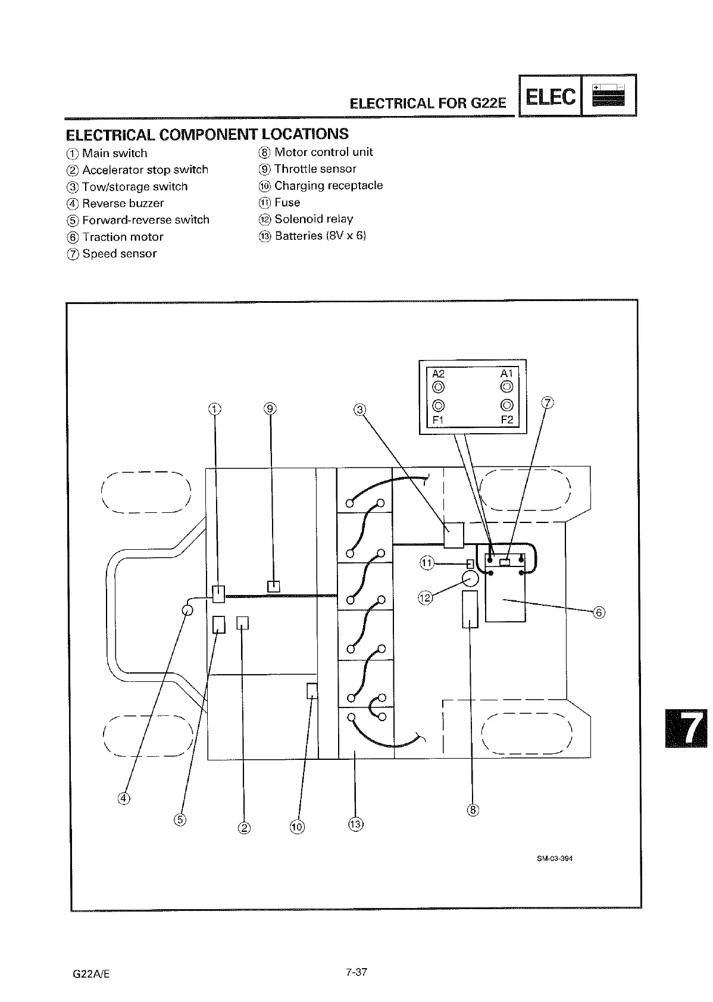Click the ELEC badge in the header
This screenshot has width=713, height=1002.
551,96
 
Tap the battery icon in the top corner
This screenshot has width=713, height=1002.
608,95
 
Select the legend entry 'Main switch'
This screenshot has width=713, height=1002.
114,153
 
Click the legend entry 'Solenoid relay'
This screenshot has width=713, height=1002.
313,219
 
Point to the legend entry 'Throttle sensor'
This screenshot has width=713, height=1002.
315,169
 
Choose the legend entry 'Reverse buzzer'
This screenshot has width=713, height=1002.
123,203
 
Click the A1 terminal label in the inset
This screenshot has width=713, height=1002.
506,374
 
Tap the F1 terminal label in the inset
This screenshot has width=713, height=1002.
438,419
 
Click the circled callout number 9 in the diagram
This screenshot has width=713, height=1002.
270,408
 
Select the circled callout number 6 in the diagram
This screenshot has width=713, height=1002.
599,613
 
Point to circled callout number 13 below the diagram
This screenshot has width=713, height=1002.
355,824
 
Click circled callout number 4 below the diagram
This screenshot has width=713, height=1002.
124,799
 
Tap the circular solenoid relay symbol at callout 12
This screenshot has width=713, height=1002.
471,578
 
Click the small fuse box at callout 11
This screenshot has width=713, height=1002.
470,563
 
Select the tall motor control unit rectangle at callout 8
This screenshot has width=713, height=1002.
470,609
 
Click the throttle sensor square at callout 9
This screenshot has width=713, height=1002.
273,586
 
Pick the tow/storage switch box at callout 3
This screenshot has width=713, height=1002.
454,535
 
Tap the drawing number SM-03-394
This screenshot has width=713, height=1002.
553,859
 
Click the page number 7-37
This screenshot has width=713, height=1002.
356,972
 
